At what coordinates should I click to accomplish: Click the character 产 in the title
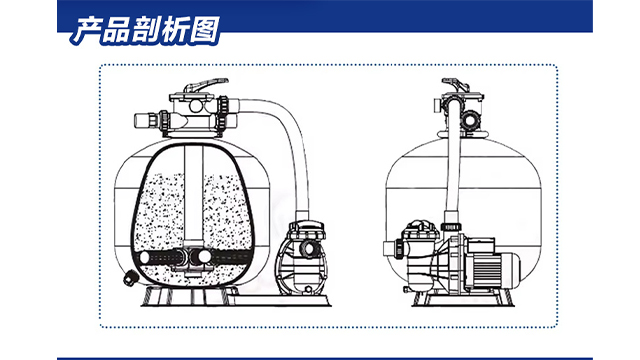coord(87,30)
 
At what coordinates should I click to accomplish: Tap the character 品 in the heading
coord(116,30)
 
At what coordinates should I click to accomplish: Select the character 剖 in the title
coord(144,30)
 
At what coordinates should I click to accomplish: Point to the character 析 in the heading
coord(175,30)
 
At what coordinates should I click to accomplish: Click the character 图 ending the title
coord(205,30)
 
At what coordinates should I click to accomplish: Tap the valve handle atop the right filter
coord(456,85)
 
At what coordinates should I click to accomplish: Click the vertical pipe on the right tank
coord(453,163)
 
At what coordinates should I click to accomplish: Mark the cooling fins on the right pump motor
coord(487,268)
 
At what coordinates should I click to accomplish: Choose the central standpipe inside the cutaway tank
coord(193,196)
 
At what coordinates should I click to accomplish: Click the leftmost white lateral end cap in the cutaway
coord(144,258)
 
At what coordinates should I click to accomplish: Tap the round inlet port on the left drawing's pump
coord(307,247)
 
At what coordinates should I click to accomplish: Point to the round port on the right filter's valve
coord(471,119)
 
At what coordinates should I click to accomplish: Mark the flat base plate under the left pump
coord(282,301)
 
